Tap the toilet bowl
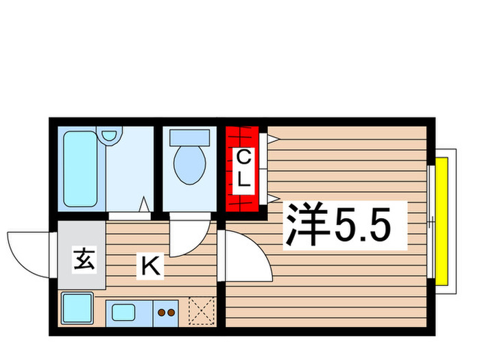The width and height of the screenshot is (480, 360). pyautogui.click(x=189, y=165)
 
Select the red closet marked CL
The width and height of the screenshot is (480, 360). pyautogui.click(x=242, y=169)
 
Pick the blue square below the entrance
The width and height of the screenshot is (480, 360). pyautogui.click(x=77, y=309)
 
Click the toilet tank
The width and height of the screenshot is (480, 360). pyautogui.click(x=189, y=136)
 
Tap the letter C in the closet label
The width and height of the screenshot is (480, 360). pyautogui.click(x=243, y=157)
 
